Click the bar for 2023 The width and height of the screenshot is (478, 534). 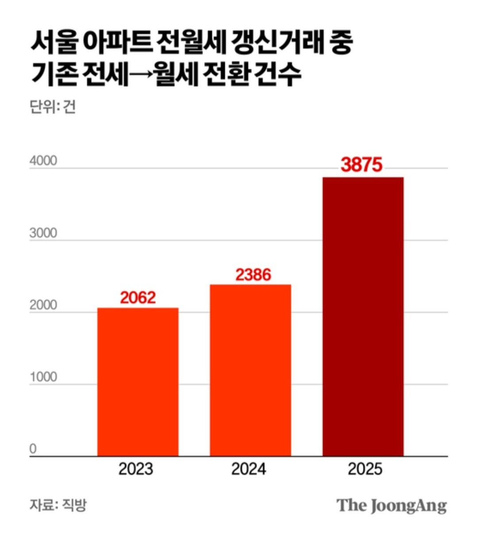click(138, 382)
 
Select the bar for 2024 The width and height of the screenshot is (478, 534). click(250, 370)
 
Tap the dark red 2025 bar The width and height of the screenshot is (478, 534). click(362, 316)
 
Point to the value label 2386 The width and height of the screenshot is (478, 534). click(253, 275)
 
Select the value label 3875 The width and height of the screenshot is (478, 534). click(362, 165)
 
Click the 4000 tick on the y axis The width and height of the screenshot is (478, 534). click(43, 161)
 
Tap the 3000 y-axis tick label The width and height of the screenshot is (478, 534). click(43, 233)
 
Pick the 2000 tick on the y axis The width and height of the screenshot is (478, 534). click(43, 305)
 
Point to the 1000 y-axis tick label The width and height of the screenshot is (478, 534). click(43, 377)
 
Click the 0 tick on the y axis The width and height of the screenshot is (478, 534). click(33, 449)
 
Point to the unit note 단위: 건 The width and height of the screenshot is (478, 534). click(53, 107)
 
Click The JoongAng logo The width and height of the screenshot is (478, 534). click(391, 506)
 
